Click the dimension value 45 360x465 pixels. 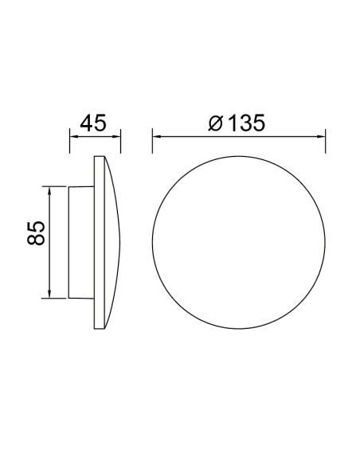pyautogui.click(x=93, y=123)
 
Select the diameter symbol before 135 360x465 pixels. pyautogui.click(x=216, y=123)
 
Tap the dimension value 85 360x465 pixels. pyautogui.click(x=36, y=232)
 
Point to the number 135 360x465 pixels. pyautogui.click(x=246, y=123)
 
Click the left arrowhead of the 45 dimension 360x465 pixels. pyautogui.click(x=73, y=136)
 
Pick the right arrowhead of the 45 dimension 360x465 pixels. pyautogui.click(x=116, y=136)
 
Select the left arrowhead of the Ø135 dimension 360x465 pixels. pyautogui.click(x=157, y=136)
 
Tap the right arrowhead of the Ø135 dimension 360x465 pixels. pyautogui.click(x=321, y=136)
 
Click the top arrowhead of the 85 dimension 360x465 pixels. pyautogui.click(x=50, y=190)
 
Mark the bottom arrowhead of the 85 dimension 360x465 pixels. pyautogui.click(x=50, y=294)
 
